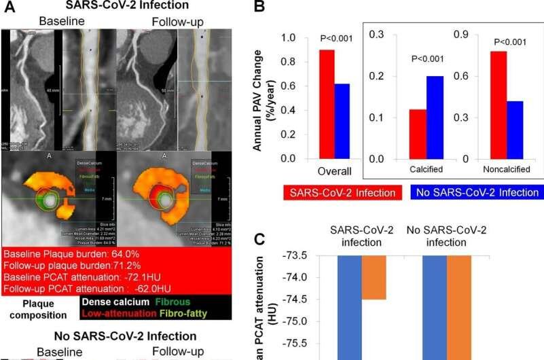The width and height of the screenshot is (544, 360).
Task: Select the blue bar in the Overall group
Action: [x=342, y=121]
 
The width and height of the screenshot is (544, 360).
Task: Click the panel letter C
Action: [x=259, y=239]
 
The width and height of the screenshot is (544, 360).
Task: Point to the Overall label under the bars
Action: [x=334, y=170]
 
